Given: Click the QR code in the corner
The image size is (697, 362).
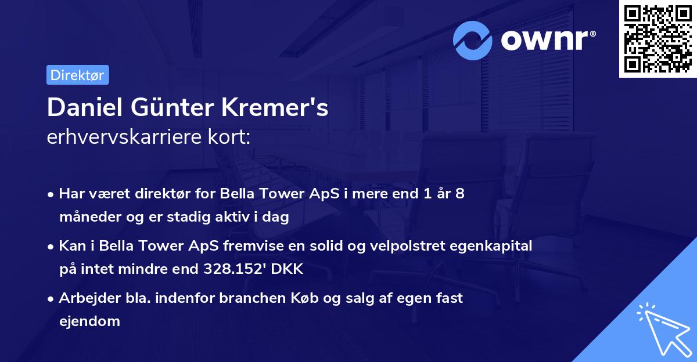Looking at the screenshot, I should [658, 38].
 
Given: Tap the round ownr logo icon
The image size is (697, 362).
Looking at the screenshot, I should [473, 41].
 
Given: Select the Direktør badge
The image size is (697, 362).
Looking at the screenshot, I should [77, 75].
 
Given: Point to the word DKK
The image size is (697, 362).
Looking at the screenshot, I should [289, 270].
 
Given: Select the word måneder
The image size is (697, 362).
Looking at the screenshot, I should [85, 218].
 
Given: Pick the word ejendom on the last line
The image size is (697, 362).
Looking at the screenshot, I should [89, 321].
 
